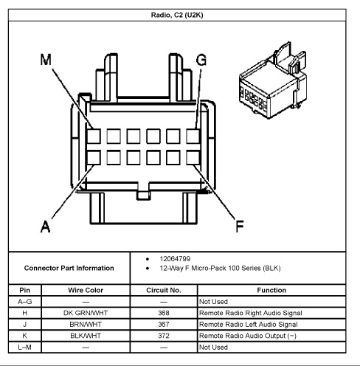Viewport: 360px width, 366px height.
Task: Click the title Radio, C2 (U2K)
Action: (177, 15)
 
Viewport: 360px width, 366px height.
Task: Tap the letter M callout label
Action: (46, 60)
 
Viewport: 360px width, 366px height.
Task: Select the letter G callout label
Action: (201, 60)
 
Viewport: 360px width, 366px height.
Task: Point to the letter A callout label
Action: (45, 227)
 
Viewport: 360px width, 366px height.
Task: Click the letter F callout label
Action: (240, 227)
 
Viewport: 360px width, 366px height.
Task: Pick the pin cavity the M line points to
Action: (94, 137)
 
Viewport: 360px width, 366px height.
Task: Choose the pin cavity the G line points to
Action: (193, 137)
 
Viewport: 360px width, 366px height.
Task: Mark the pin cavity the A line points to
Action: (94, 158)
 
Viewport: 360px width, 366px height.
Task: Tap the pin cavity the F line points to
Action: (193, 158)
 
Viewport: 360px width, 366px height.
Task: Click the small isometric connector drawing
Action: (273, 80)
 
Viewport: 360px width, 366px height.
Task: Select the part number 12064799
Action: (175, 259)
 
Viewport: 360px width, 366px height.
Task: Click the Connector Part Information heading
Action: (69, 268)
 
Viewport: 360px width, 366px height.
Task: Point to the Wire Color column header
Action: (86, 290)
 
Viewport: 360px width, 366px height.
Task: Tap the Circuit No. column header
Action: (164, 290)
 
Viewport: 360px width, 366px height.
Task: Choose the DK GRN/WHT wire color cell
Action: (86, 313)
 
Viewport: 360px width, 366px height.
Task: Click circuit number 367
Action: (164, 325)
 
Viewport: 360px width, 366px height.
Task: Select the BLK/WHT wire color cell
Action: (86, 336)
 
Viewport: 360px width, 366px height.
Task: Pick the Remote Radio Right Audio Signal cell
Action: (251, 313)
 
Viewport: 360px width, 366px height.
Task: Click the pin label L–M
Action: (24, 348)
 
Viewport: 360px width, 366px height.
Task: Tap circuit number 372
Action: (164, 336)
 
